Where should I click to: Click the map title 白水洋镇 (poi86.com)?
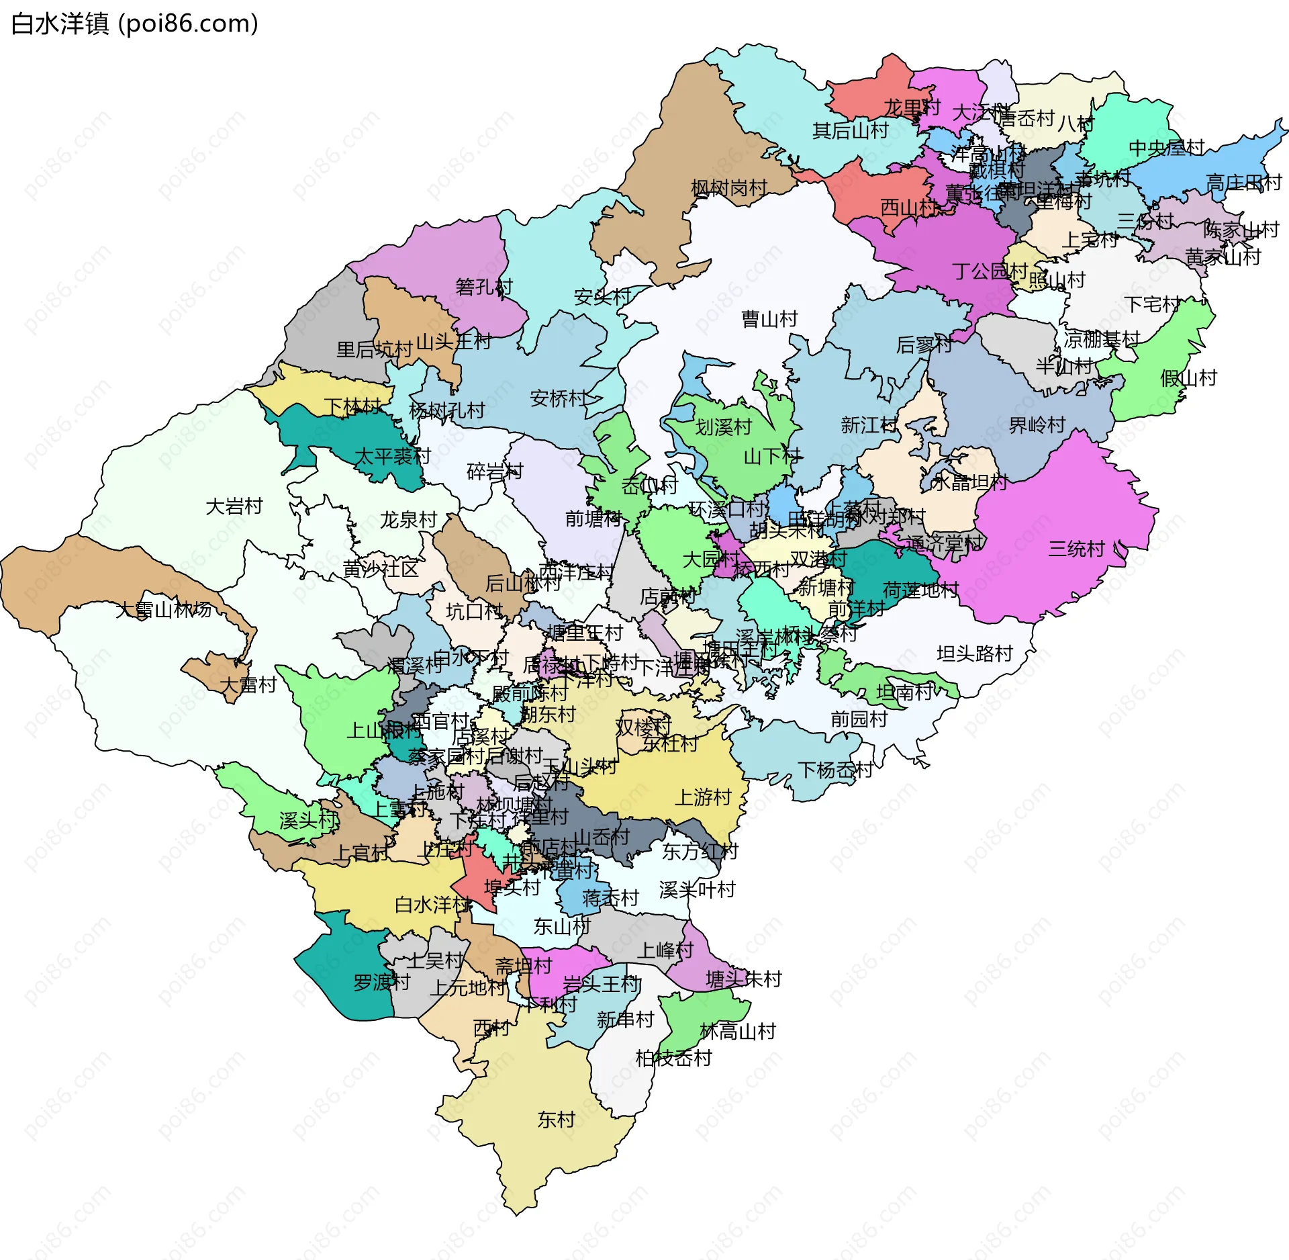point(134,24)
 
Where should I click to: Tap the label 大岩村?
point(234,506)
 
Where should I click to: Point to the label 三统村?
point(1076,549)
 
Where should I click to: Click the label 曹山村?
point(769,319)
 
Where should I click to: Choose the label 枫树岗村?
point(728,188)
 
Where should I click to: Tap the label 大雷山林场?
point(163,610)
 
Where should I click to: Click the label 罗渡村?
point(381,983)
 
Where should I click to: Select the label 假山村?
point(1188,378)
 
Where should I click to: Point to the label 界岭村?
point(1037,425)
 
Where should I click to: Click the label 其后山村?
point(850,130)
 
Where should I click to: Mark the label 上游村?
point(702,797)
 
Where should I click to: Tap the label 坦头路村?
point(974,654)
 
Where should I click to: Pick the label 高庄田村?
point(1243,183)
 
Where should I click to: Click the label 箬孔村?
point(483,287)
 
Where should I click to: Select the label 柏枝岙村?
point(673,1059)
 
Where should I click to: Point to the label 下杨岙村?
point(835,770)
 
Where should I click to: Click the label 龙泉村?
point(408,520)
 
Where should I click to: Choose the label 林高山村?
point(737,1032)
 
